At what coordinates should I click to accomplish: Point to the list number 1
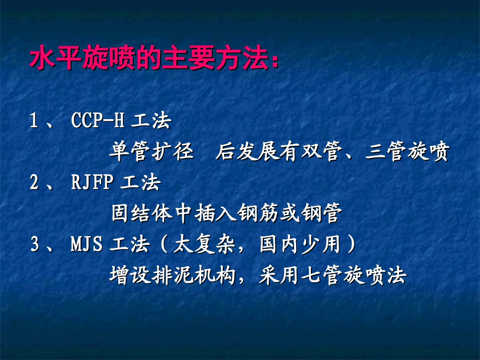pyautogui.click(x=34, y=122)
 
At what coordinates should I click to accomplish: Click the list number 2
pyautogui.click(x=34, y=183)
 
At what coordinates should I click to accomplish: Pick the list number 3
pyautogui.click(x=34, y=245)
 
